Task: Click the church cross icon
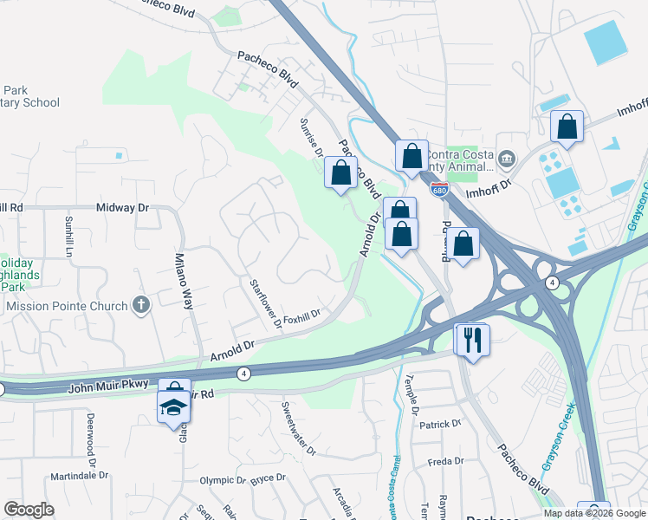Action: pyautogui.click(x=141, y=305)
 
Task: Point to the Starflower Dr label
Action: pyautogui.click(x=266, y=304)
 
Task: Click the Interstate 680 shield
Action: pyautogui.click(x=441, y=189)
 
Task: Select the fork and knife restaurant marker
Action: pyautogui.click(x=472, y=339)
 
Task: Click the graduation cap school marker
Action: pyautogui.click(x=173, y=407)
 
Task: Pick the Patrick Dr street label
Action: pyautogui.click(x=440, y=425)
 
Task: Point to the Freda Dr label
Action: pyautogui.click(x=446, y=461)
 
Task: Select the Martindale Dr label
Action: pyautogui.click(x=79, y=476)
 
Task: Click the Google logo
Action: pyautogui.click(x=29, y=510)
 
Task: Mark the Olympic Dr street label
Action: pyautogui.click(x=223, y=480)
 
